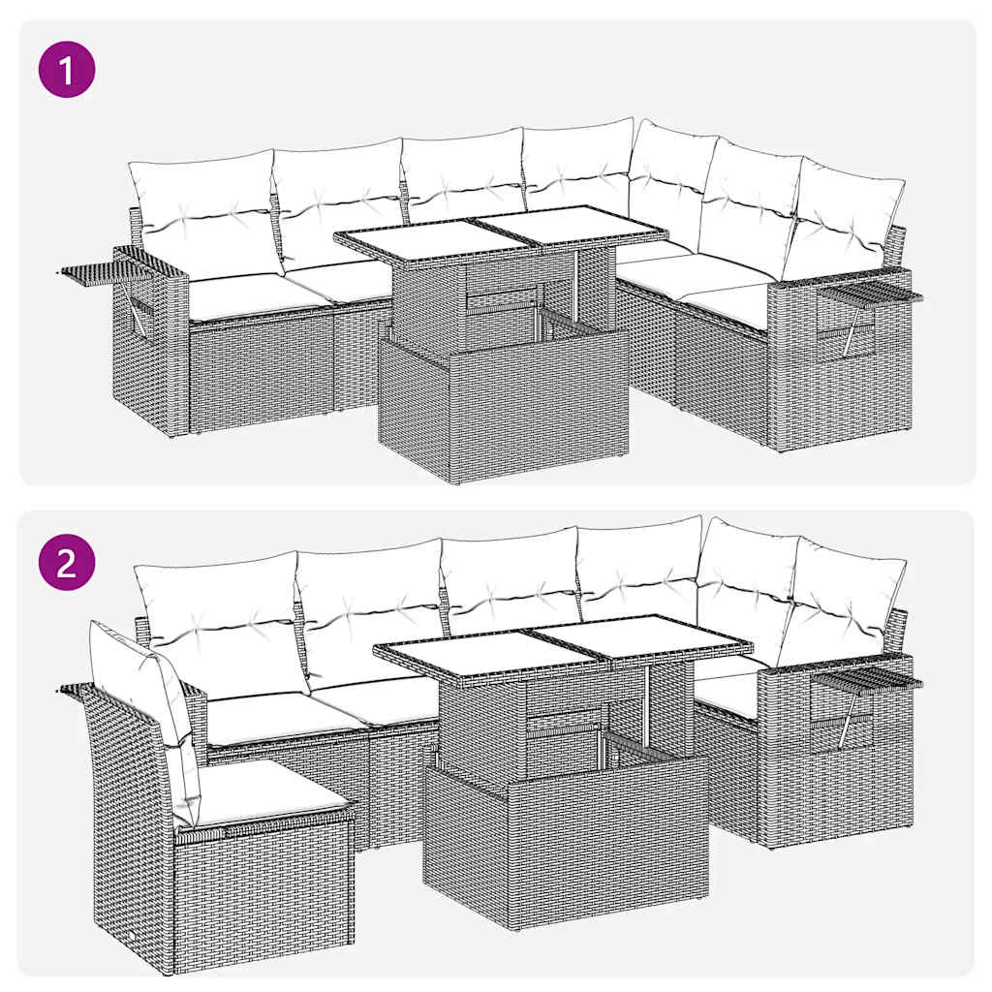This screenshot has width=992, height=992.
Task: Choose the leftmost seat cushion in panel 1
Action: [242, 294]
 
